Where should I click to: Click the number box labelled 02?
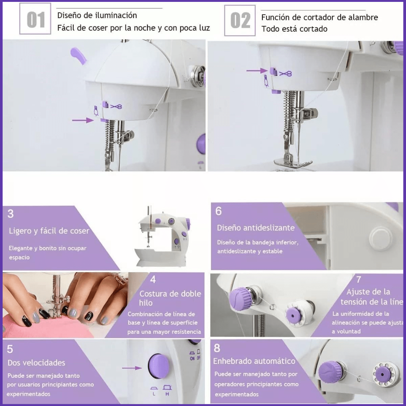click(x=240, y=20)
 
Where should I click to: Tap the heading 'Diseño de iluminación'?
click(x=97, y=15)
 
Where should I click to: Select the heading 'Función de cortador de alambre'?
click(x=320, y=17)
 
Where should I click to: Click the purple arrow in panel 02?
click(x=257, y=70)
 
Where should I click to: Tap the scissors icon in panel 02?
click(x=286, y=74)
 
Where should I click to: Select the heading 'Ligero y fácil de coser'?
click(x=49, y=231)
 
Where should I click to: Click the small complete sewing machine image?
click(x=162, y=237)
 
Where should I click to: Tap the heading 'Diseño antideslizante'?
click(x=256, y=228)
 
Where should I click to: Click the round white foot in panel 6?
click(x=380, y=239)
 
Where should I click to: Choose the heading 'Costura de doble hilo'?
click(x=170, y=298)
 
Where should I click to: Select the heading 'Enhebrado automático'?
click(x=254, y=361)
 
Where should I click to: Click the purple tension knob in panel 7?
click(x=241, y=299)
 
